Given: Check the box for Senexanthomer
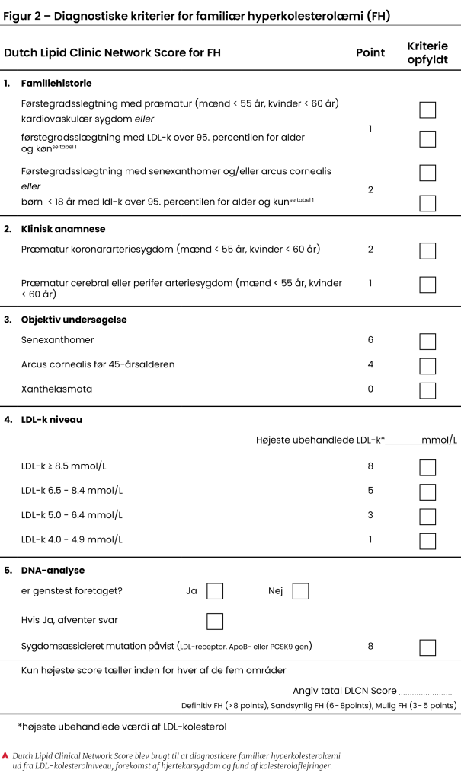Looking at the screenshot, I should click(427, 341).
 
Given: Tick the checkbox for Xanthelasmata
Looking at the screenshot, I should click(427, 390).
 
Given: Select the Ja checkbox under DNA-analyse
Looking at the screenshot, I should click(215, 591).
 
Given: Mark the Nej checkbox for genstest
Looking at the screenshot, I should click(300, 591).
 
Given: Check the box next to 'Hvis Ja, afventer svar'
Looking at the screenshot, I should click(215, 621).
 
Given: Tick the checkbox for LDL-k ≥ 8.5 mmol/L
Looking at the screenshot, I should click(427, 467).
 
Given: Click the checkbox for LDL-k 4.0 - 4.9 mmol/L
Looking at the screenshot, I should click(427, 541).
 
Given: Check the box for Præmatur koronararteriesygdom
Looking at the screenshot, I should click(427, 250).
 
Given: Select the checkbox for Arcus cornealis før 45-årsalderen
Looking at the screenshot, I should click(427, 366).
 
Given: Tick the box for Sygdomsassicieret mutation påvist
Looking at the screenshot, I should click(427, 647).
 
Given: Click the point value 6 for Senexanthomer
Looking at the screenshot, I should click(370, 340).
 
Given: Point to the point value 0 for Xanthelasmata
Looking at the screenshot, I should click(370, 389).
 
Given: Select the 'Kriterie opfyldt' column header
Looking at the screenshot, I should click(427, 53).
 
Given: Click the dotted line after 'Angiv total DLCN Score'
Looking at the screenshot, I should click(425, 692).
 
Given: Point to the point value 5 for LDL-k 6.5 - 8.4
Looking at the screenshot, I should click(370, 490).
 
